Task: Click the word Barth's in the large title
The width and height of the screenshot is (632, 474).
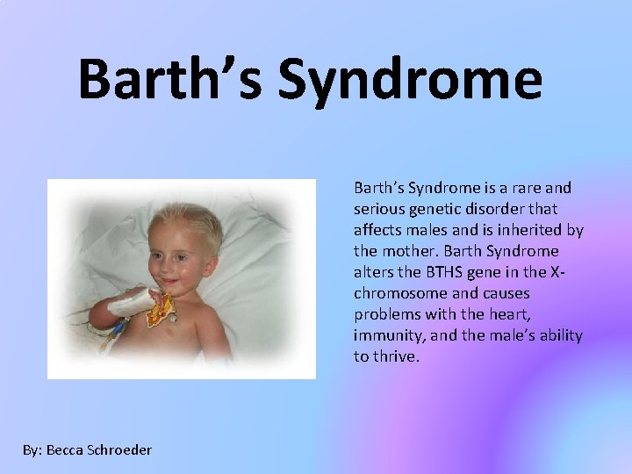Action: [171, 79]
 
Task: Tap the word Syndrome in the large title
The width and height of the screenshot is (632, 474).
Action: [410, 83]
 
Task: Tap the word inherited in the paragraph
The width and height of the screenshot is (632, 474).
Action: [529, 230]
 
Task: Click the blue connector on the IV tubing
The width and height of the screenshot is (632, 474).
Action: [118, 327]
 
